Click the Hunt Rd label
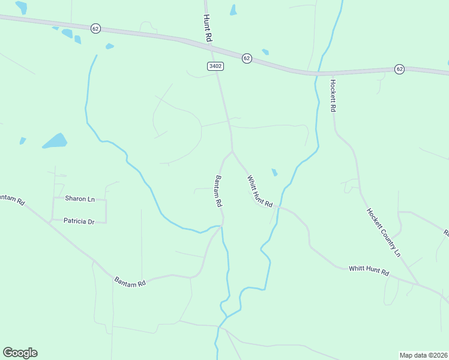point(208,28)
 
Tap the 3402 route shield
point(216,66)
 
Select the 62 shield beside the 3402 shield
point(247,58)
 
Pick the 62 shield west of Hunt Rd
point(95,28)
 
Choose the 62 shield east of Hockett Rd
point(399,69)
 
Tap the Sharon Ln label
point(80,199)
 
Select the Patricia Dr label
point(79,221)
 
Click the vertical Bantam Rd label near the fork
point(218,192)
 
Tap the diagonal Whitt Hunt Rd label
point(260,191)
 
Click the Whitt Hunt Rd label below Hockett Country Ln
point(369,270)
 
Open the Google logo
point(20,353)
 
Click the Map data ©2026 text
point(423,355)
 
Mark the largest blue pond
point(55,141)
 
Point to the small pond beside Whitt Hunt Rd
point(274,173)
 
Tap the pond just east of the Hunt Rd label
point(233,10)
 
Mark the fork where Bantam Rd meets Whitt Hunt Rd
point(232,151)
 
